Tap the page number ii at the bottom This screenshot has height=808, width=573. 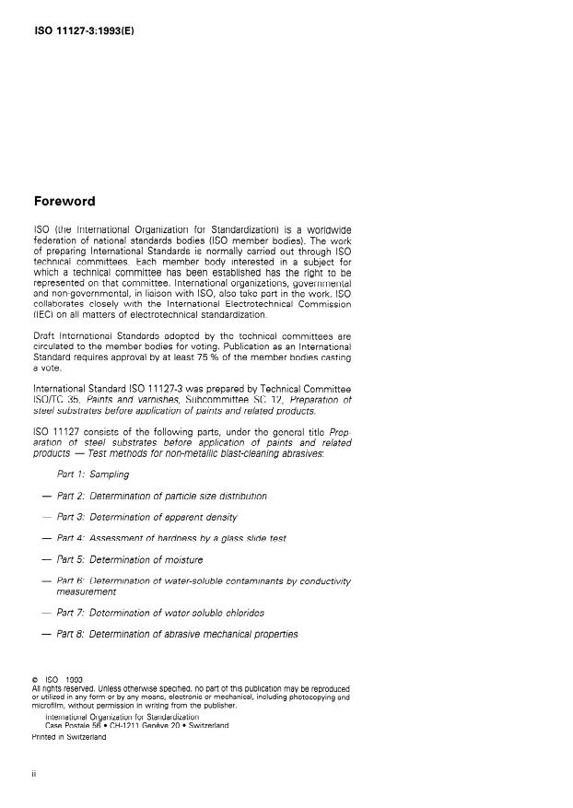tap(34, 773)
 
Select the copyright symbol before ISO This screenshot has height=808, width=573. tap(35, 680)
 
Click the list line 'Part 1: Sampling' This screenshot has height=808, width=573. tap(92, 474)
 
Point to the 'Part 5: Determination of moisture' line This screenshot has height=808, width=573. tap(130, 559)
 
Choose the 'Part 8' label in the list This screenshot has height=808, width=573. tap(70, 634)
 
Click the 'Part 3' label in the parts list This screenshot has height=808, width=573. tap(70, 517)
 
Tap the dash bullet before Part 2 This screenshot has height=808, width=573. tap(46, 496)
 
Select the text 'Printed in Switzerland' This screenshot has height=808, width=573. tap(69, 736)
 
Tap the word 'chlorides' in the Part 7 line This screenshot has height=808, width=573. tap(243, 613)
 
